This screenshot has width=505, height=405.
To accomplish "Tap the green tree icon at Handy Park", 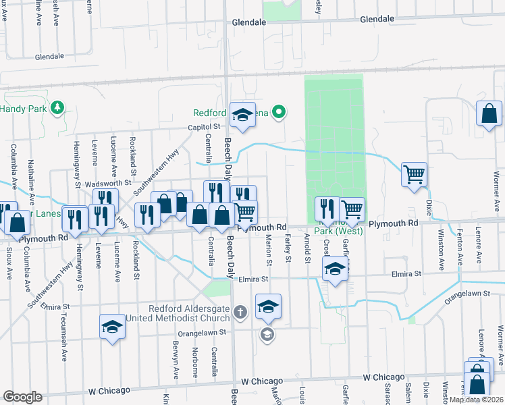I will coord(58,107).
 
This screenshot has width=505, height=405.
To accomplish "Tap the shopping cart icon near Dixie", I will coord(414,174).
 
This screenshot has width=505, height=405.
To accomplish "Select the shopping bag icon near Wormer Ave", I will coord(489,115).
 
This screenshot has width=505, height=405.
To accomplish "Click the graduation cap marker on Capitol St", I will coord(241,115).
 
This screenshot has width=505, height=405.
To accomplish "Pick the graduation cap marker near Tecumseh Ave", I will coord(113,328).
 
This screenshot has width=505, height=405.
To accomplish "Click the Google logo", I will coord(22,397).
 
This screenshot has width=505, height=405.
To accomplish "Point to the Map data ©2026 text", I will coord(475,400).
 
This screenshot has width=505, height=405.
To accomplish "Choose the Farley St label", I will coord(288,248).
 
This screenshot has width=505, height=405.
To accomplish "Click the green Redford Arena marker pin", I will coord(284,113).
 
